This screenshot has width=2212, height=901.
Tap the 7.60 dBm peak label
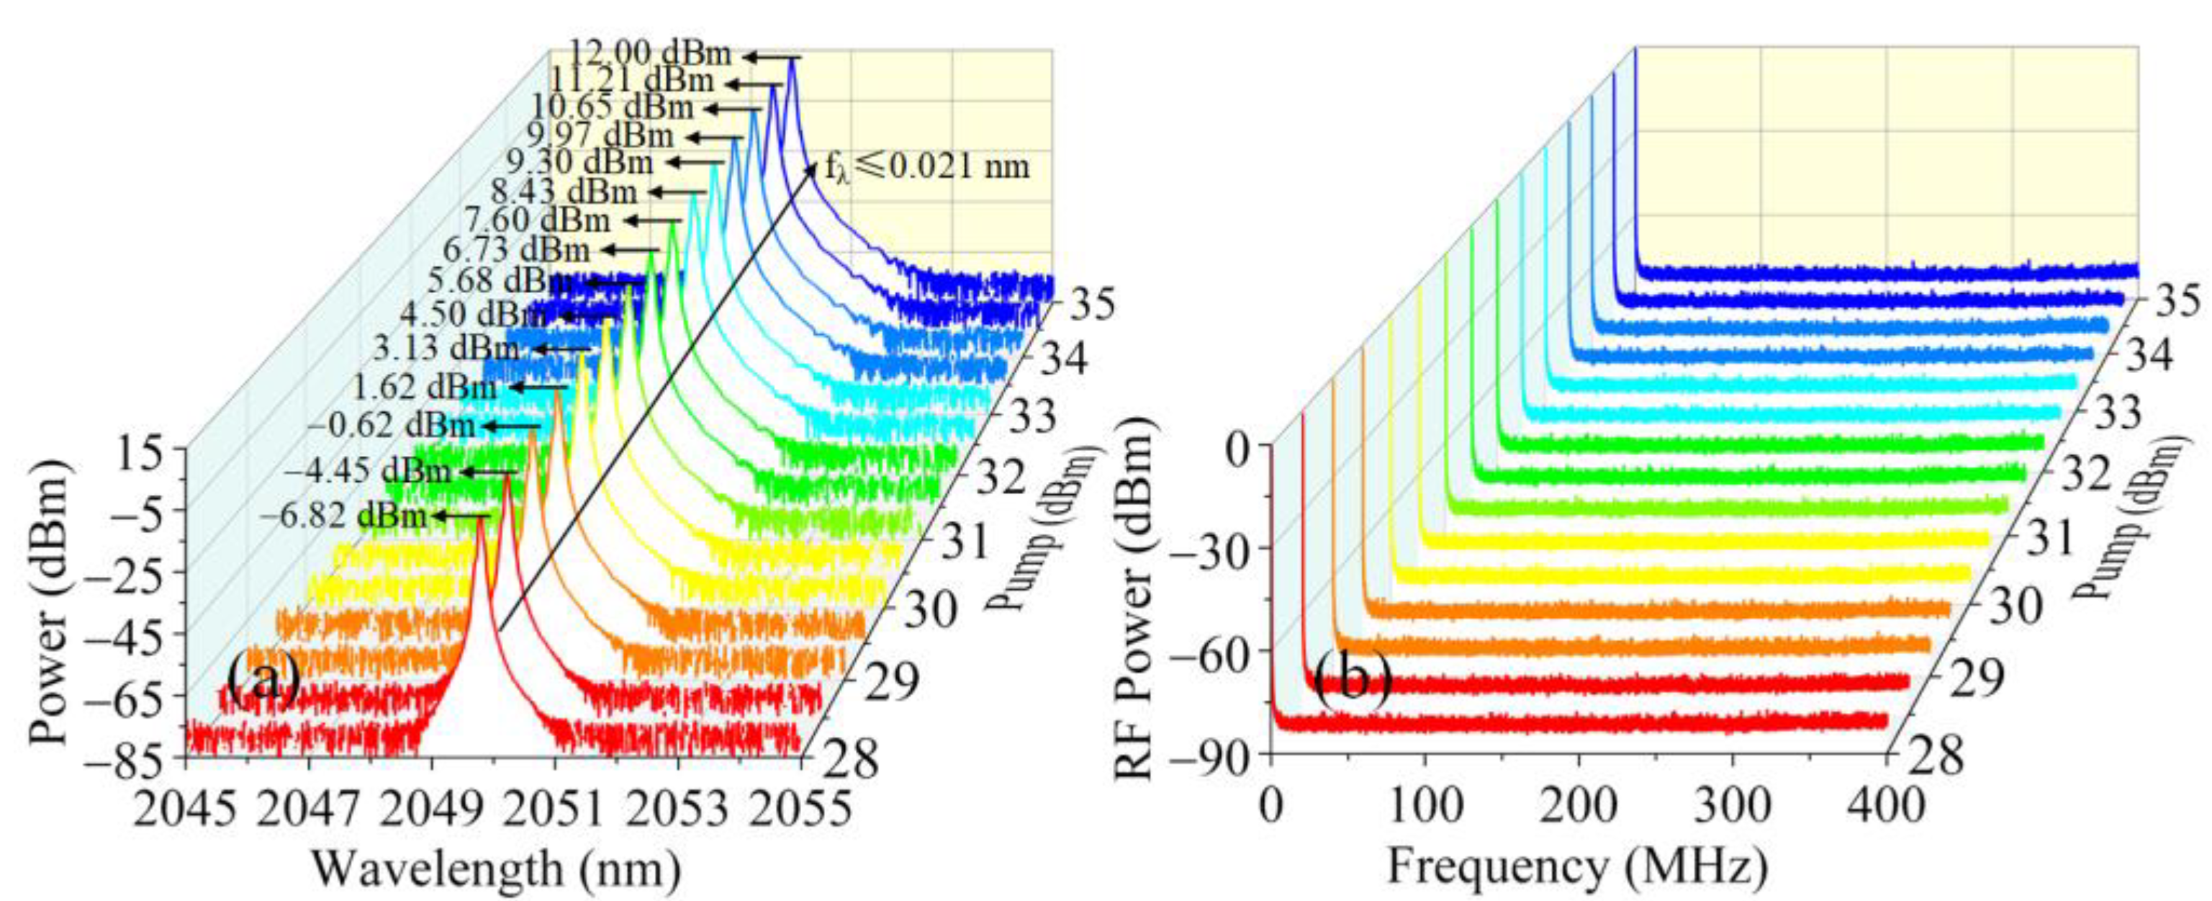pyautogui.click(x=538, y=220)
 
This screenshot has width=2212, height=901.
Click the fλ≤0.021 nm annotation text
pyautogui.click(x=927, y=166)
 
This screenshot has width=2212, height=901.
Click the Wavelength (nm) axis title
pyautogui.click(x=497, y=869)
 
